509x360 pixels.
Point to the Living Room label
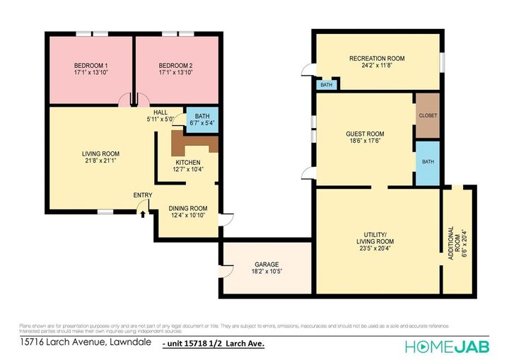(x=100, y=153)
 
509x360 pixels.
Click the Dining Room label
(x=188, y=208)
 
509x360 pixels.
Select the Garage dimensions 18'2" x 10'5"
(x=267, y=271)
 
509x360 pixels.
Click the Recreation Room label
(x=377, y=59)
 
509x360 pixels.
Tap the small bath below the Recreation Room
(x=326, y=85)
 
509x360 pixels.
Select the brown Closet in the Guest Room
(x=428, y=115)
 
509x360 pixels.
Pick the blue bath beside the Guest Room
(x=428, y=162)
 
